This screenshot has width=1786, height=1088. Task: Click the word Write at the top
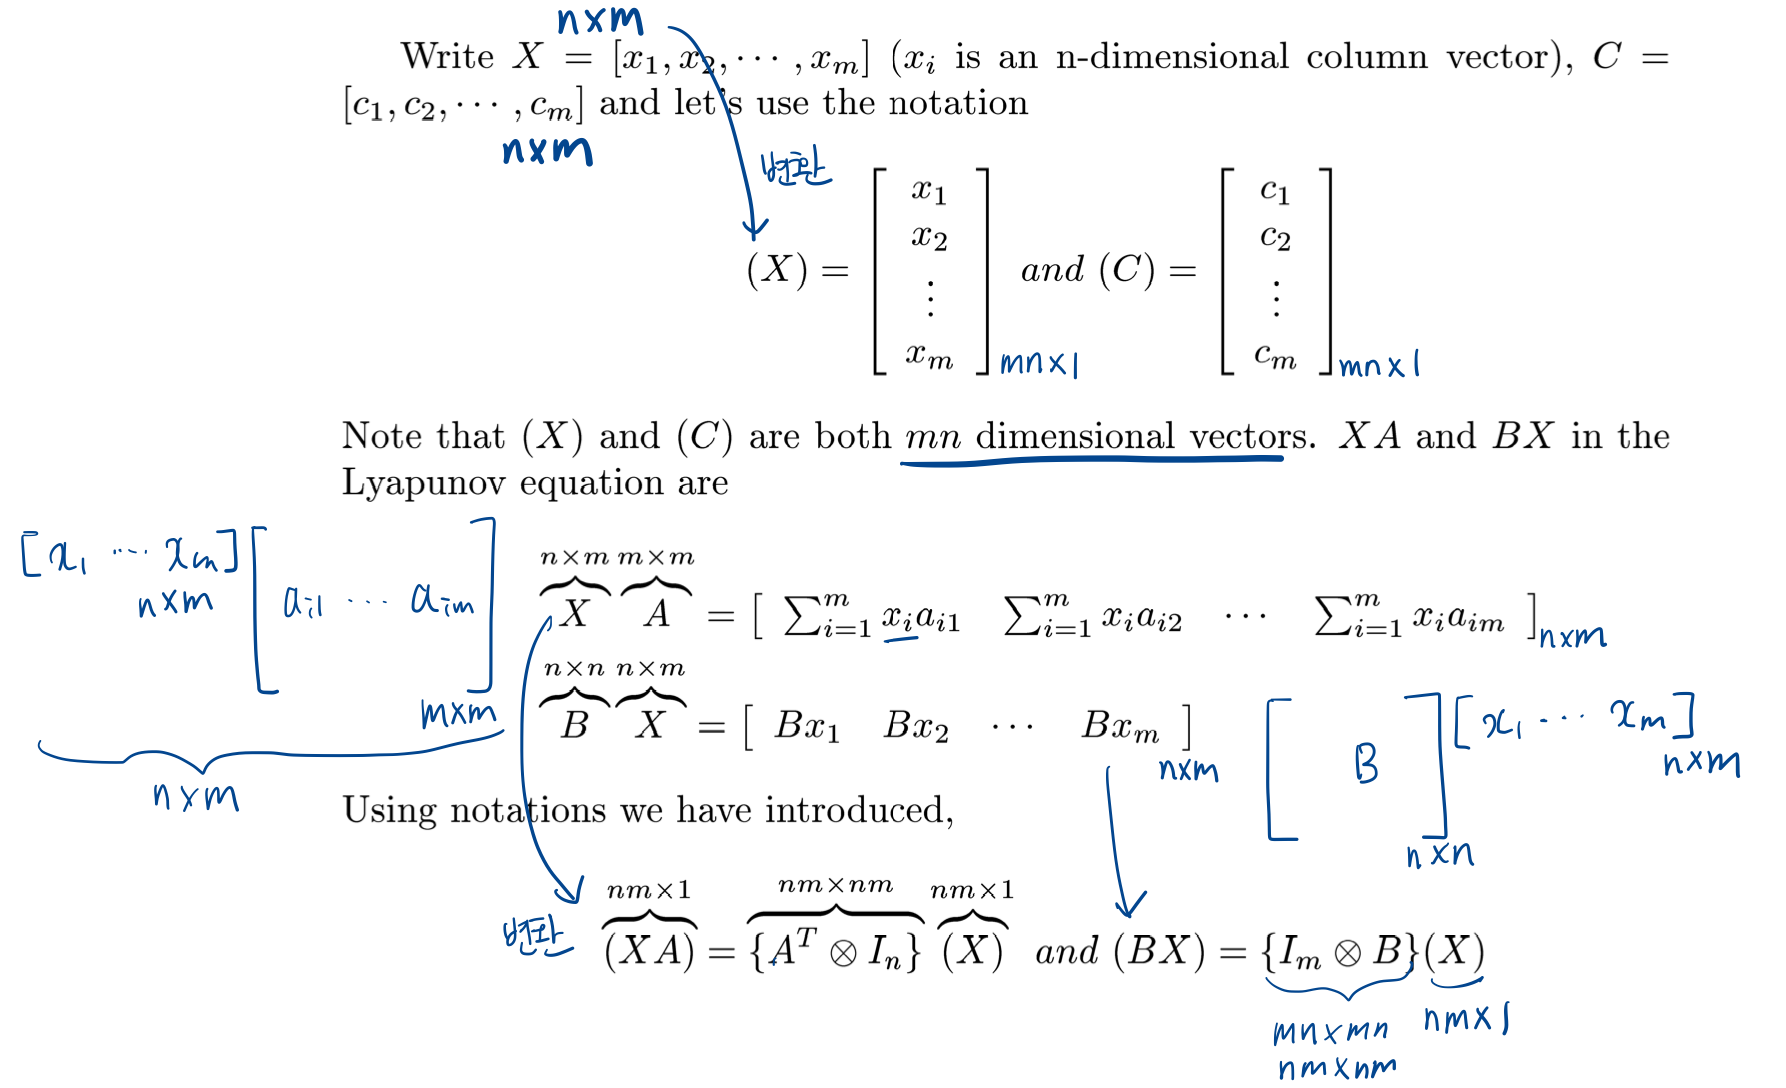point(447,56)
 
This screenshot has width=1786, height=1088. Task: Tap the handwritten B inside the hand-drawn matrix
point(1366,764)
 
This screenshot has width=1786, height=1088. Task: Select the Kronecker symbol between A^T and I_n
point(843,953)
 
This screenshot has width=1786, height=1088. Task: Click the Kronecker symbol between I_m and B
point(1347,953)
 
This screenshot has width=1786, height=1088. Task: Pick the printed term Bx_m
point(1120,726)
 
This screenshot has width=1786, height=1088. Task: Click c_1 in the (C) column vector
point(1275,190)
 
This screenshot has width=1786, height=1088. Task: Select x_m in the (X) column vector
point(929,355)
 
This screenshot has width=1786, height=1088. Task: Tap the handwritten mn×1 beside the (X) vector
point(1039,363)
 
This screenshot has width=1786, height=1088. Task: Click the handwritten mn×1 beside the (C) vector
point(1379,365)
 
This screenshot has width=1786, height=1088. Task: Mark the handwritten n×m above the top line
point(600,20)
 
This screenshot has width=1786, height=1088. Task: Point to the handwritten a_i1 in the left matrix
point(303,602)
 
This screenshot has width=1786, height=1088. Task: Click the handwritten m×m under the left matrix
point(458,713)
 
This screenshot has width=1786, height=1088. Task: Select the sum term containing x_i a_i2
point(1093,615)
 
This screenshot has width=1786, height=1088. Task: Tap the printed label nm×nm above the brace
point(835,885)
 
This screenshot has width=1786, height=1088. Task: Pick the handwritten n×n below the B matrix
point(1439,855)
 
